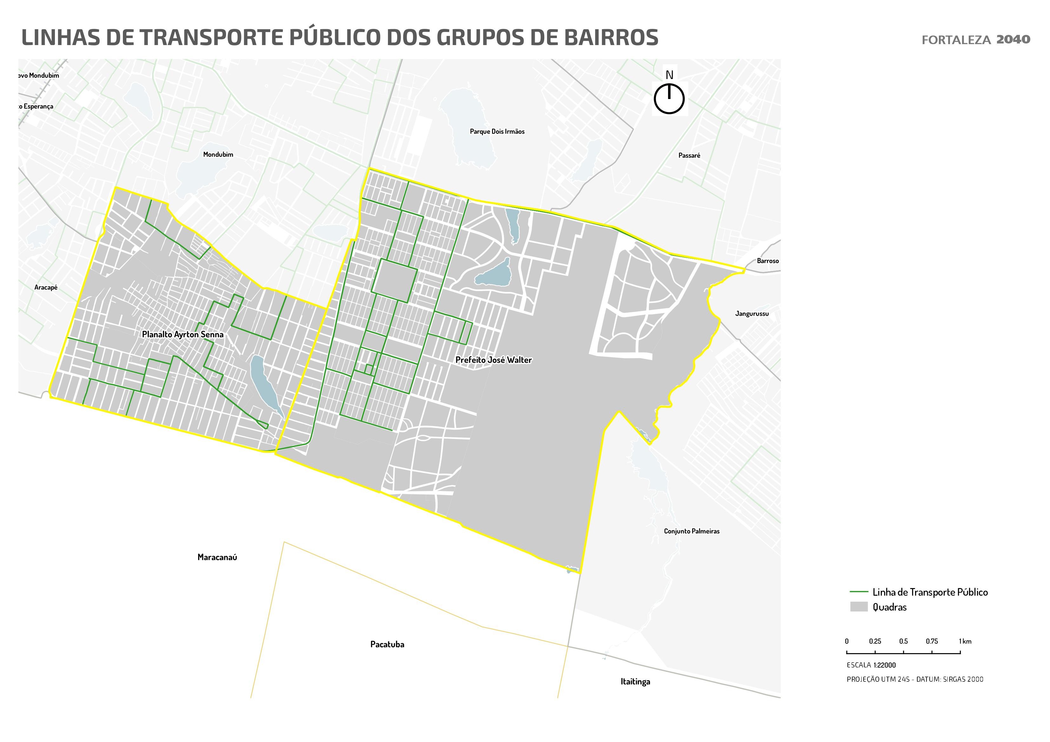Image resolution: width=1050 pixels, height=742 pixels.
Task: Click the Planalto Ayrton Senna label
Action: tap(183, 335)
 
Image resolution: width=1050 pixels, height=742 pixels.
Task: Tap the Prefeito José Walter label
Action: tap(493, 360)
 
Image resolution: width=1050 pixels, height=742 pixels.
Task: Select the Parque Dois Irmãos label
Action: tap(497, 132)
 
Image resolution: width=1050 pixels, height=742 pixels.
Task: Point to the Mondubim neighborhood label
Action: tap(218, 155)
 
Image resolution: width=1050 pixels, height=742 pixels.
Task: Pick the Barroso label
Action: tap(767, 261)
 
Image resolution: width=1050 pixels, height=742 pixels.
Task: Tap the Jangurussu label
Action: tap(752, 314)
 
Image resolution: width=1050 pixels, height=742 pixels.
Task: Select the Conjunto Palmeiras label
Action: tap(692, 531)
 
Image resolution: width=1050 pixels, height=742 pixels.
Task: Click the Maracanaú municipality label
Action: tap(217, 557)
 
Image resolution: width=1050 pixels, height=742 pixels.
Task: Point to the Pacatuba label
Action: tap(387, 645)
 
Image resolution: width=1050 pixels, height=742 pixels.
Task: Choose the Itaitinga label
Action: tap(635, 682)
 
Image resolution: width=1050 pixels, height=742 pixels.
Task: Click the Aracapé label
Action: tap(46, 288)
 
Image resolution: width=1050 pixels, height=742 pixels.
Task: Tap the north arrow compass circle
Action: tap(669, 98)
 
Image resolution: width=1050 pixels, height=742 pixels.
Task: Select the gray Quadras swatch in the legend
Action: tap(859, 607)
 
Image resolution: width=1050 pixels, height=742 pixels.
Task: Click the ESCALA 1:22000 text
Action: tap(871, 665)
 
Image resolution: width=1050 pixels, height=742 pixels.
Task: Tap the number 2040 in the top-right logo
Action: tap(1013, 39)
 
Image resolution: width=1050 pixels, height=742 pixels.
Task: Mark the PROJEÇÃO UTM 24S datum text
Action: tap(915, 679)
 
